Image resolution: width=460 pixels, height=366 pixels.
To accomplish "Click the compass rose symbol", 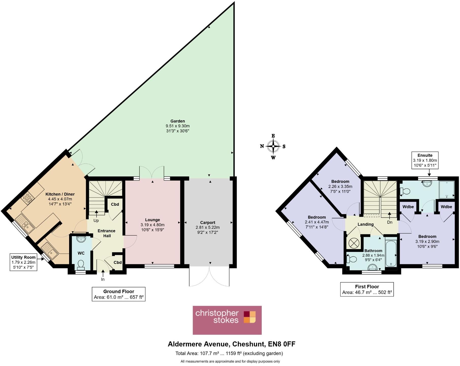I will click(x=273, y=146).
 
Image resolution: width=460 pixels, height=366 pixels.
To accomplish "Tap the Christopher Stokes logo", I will click(x=227, y=320).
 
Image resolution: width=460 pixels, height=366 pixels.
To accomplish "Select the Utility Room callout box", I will click(x=23, y=262).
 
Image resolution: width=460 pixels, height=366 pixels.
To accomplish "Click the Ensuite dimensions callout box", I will click(x=425, y=161).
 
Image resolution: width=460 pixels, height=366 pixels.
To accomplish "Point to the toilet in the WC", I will click(x=81, y=265).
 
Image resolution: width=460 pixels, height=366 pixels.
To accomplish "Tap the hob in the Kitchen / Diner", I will click(x=28, y=198).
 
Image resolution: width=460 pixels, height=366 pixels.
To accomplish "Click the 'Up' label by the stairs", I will click(x=96, y=220).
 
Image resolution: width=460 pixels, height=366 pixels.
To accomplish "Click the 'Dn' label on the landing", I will click(x=390, y=222).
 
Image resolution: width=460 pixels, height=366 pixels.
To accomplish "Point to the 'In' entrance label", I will click(x=103, y=279).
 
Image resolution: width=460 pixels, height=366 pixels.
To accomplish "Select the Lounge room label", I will click(x=152, y=220).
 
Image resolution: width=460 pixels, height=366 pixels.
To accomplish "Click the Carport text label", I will click(x=208, y=222).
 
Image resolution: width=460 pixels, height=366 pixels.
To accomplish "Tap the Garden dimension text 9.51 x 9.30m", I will click(x=177, y=126).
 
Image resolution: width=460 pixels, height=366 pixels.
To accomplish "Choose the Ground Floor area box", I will click(x=118, y=294).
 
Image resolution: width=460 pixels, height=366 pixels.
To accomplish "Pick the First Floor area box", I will click(x=367, y=289).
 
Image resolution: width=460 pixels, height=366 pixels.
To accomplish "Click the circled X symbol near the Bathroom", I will click(x=353, y=243).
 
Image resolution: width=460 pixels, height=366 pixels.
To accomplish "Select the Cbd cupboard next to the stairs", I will click(x=115, y=204).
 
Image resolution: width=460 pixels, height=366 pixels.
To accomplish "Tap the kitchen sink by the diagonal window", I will click(x=25, y=224).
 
